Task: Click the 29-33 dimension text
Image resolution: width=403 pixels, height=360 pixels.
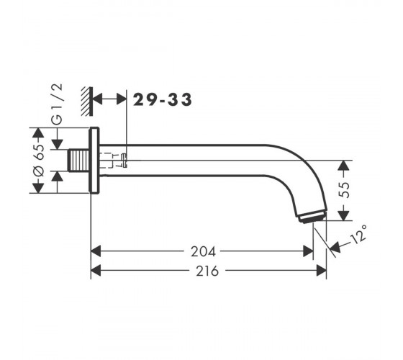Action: click(x=162, y=99)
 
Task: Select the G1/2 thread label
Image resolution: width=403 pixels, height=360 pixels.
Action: click(x=57, y=104)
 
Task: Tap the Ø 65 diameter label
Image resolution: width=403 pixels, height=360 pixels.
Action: click(x=39, y=160)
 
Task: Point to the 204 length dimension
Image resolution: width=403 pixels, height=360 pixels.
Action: click(x=203, y=252)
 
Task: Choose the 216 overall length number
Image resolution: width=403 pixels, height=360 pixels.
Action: click(x=207, y=271)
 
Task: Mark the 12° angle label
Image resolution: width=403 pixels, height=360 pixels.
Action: click(x=359, y=234)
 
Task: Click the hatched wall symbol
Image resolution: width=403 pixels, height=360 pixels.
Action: click(x=87, y=102)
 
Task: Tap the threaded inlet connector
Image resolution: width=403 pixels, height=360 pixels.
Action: click(x=78, y=161)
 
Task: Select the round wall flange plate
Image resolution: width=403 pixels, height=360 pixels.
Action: click(x=94, y=160)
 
